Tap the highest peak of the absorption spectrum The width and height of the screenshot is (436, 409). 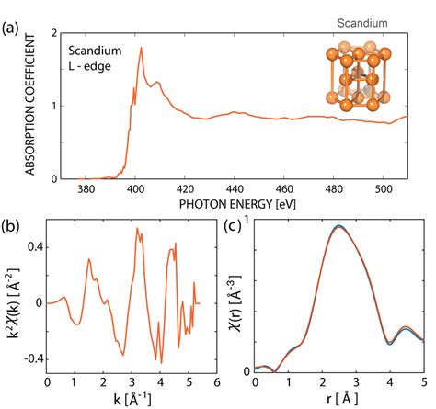click(141, 48)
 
